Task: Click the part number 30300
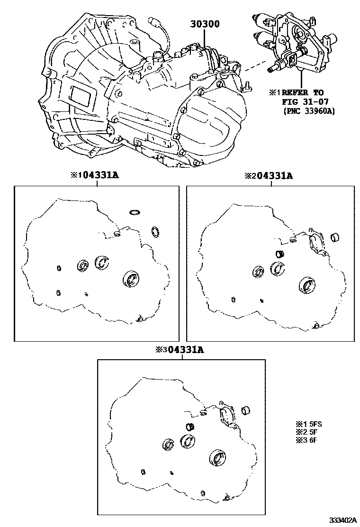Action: pos(205,24)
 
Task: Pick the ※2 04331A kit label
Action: pos(269,175)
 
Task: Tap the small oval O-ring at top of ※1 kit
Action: pos(135,212)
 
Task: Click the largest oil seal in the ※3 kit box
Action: pos(218,458)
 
